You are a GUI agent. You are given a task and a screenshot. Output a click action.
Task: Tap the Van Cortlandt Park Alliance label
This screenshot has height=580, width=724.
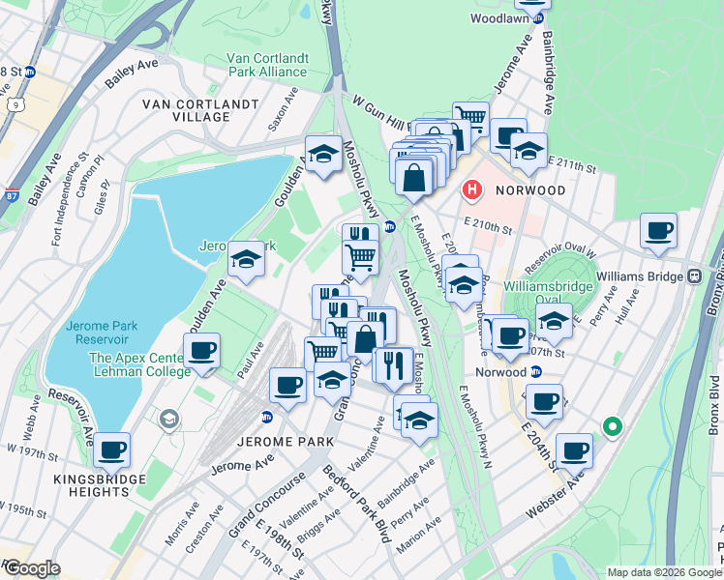coord(268,64)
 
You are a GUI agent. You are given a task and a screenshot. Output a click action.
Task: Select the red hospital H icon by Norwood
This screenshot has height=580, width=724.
coord(472,189)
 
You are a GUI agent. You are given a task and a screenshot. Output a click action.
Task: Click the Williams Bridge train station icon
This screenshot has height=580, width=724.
coord(694,276)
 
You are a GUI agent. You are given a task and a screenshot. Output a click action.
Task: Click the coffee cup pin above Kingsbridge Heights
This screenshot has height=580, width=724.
coord(111,449)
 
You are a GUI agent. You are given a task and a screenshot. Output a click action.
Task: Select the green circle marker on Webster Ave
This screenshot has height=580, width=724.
coord(611,425)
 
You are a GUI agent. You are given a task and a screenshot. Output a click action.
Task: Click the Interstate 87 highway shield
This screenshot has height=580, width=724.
coord(9,196)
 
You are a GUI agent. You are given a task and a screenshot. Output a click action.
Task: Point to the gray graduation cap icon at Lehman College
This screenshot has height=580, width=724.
coord(169,419)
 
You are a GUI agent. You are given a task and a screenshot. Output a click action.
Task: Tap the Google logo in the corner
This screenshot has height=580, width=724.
coord(31,568)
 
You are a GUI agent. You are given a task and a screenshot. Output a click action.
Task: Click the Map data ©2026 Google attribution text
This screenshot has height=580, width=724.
coord(663,572)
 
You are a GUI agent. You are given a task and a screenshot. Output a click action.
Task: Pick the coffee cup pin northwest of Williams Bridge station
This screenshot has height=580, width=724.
coord(658,232)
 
